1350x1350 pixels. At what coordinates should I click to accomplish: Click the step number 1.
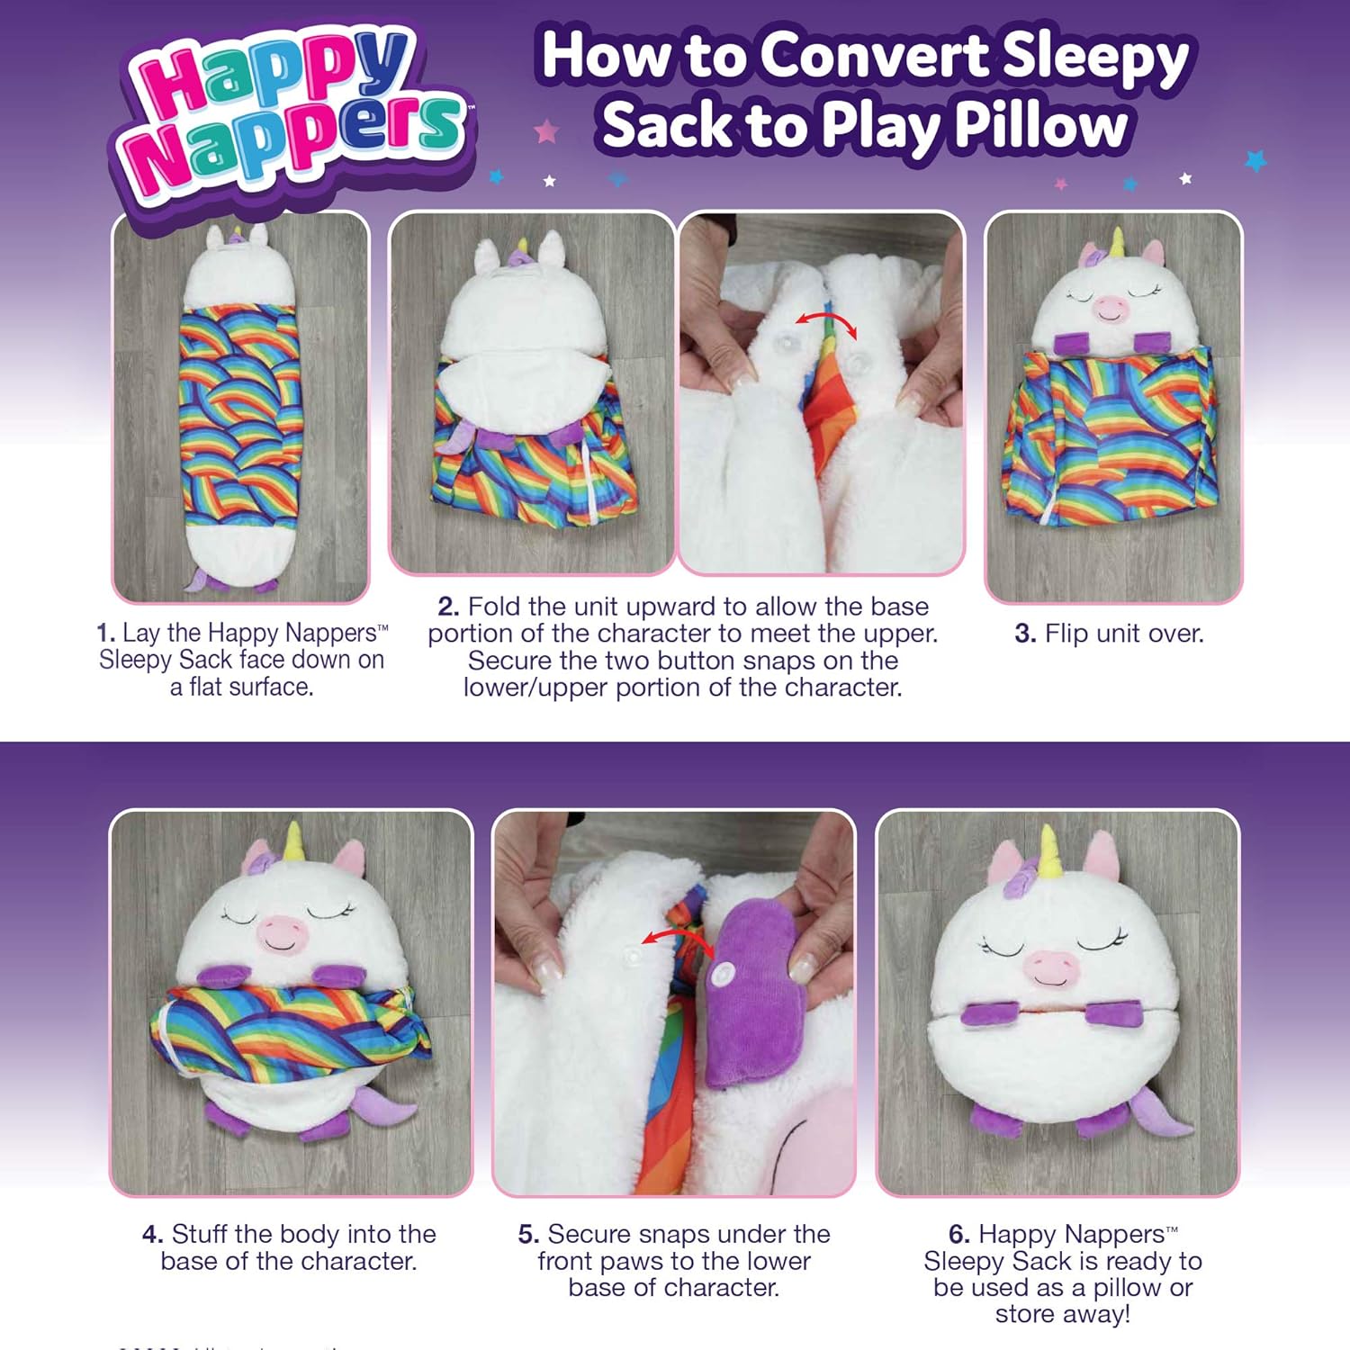(105, 634)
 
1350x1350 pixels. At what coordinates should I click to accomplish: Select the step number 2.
(448, 607)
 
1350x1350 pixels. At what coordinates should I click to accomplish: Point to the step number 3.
(1024, 634)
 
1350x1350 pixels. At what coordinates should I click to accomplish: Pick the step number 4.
(152, 1234)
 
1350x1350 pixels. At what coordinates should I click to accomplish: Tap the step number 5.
(528, 1234)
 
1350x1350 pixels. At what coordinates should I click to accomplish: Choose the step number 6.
(958, 1234)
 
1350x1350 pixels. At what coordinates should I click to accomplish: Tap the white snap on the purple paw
(723, 975)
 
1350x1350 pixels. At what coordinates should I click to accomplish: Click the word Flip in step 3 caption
(1063, 634)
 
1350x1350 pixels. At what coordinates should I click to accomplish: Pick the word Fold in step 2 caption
(494, 607)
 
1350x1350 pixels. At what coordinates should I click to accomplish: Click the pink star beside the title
(546, 132)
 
